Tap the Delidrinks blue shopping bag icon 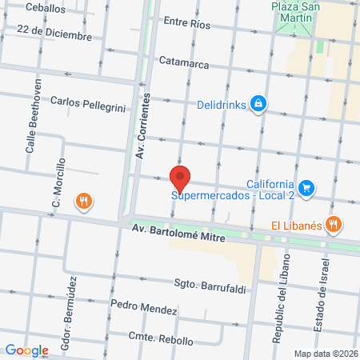coord(258,104)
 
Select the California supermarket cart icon coord(308,189)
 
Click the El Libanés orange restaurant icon coord(336,226)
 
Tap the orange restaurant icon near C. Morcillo coord(83,201)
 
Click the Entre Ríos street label coord(186,25)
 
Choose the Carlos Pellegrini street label coord(88,103)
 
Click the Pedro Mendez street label coord(143,306)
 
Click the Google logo coord(26,350)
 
